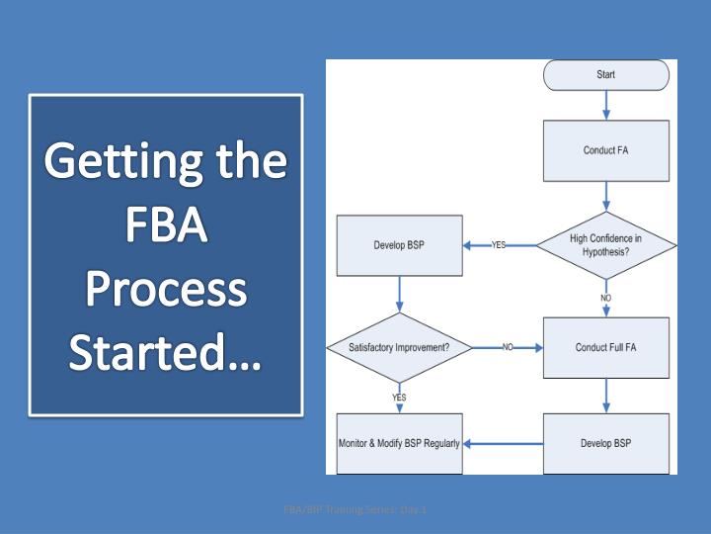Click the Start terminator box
coord(605,74)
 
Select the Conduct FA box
coord(605,150)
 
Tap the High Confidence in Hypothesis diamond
coord(605,244)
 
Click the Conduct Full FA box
coord(605,347)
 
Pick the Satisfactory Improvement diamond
coord(399,347)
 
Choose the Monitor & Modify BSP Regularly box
coord(399,443)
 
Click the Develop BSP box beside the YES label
coord(399,245)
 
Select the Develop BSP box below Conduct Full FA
coord(605,443)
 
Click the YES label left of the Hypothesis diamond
coord(499,245)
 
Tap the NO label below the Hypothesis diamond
coord(605,297)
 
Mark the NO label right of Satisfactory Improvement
coord(508,347)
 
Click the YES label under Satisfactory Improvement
coord(399,397)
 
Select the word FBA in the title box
coord(166,226)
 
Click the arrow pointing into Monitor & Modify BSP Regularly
coord(502,443)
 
